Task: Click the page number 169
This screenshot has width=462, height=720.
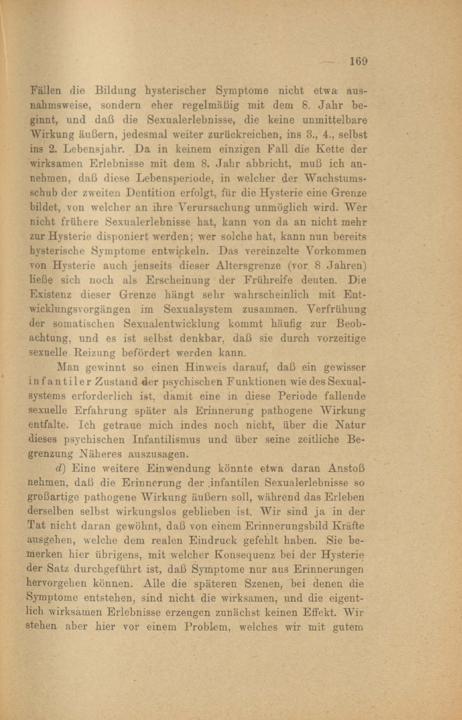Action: click(x=358, y=61)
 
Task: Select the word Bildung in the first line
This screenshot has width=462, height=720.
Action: click(x=116, y=90)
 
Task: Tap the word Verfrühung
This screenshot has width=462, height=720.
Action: click(x=336, y=309)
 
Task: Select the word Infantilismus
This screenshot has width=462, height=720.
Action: click(x=180, y=439)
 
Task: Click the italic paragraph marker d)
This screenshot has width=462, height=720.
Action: click(x=61, y=468)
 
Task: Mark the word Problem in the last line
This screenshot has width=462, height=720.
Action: click(x=208, y=627)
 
